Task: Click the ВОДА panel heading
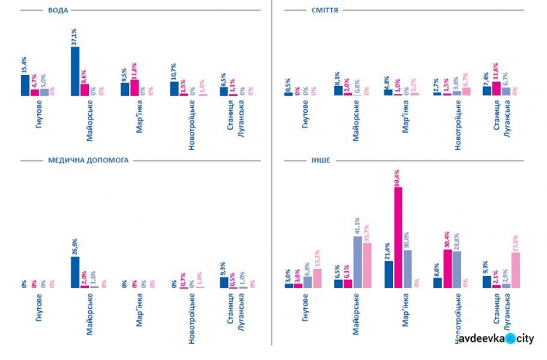coord(58,10)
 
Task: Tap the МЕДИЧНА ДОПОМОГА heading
coord(88,159)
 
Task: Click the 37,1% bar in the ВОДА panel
coord(75,71)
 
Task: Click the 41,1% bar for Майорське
coord(357,262)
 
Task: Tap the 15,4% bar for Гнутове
coord(26,85)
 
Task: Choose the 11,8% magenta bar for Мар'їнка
coord(134,88)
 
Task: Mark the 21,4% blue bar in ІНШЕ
coord(389,274)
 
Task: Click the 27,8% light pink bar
coord(515,270)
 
